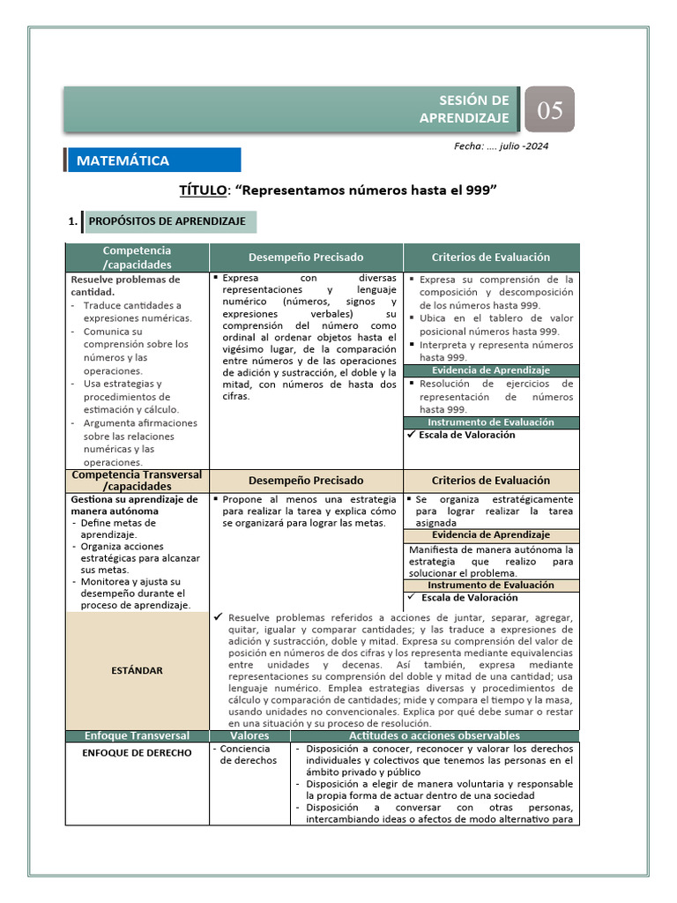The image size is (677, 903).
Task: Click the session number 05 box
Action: [x=550, y=110]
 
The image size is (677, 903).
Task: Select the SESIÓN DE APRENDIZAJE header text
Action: [x=475, y=109]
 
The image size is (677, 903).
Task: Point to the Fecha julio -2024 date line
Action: [x=500, y=146]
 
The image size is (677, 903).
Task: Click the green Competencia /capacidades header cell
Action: [x=137, y=257]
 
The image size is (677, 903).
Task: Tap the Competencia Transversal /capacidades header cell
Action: [x=137, y=481]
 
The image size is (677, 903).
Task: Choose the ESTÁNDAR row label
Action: [x=137, y=670]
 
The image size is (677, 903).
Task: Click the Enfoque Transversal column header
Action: [x=137, y=735]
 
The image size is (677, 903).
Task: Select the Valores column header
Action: [x=249, y=735]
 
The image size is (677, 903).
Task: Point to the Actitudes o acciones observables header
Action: [x=434, y=735]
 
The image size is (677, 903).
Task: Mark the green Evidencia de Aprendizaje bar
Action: [x=491, y=370]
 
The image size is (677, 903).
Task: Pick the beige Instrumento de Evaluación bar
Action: [x=491, y=585]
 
